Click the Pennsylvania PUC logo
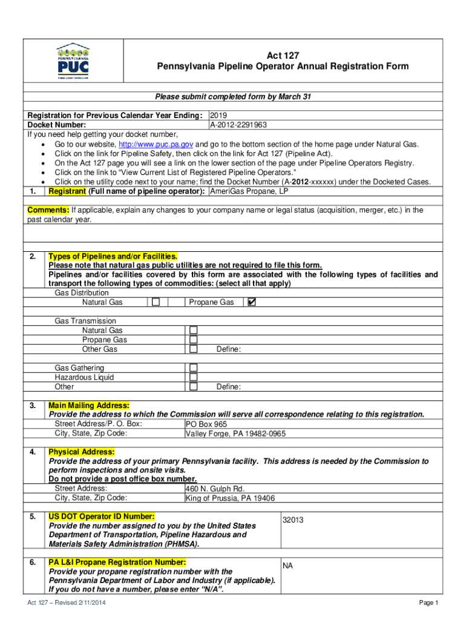point(73,61)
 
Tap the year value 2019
point(218,116)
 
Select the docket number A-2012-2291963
point(238,125)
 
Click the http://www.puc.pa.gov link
point(156,144)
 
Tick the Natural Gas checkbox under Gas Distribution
point(156,302)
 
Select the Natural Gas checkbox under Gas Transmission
point(194,331)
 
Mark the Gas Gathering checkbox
point(194,368)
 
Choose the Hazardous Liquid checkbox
point(194,377)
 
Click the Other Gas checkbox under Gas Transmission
point(194,349)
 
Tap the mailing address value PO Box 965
point(206,424)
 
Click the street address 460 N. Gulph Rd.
point(215,489)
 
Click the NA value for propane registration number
point(287,566)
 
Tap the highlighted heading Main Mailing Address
point(89,405)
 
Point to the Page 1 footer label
point(428,603)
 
